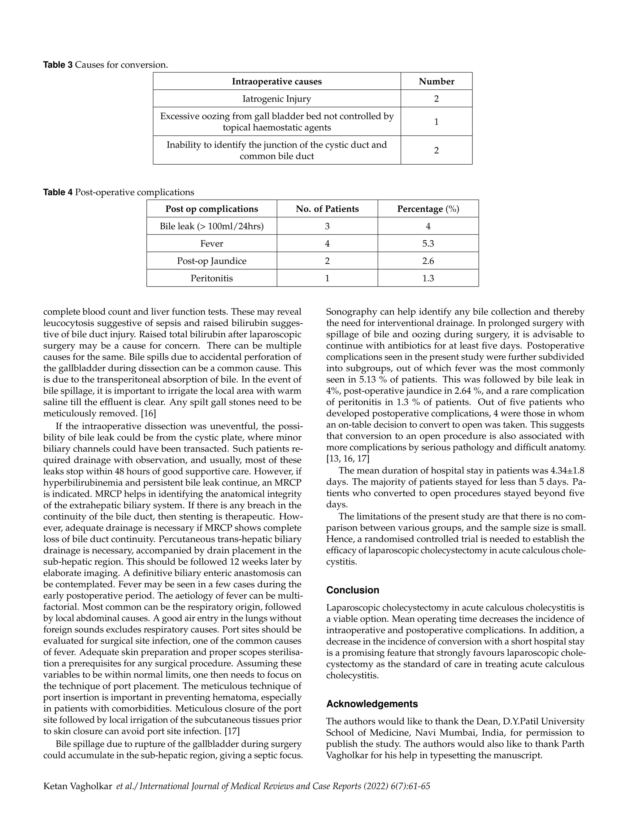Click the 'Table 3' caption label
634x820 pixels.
[x=58, y=65]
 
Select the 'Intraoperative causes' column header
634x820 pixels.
[x=276, y=81]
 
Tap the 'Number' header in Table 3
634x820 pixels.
[x=436, y=81]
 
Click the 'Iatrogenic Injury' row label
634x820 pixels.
[x=276, y=99]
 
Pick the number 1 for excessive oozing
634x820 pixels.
[x=436, y=122]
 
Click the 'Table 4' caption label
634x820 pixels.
[x=58, y=192]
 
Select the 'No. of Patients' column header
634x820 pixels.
[x=327, y=209]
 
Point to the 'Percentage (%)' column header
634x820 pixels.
[x=428, y=209]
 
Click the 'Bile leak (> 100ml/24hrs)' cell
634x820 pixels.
[x=211, y=227]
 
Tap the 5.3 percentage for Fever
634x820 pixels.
[x=428, y=244]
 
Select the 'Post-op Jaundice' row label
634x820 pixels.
[x=211, y=261]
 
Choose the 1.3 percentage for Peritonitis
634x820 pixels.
[x=428, y=278]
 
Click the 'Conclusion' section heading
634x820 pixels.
[x=352, y=590]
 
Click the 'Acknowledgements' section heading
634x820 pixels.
[x=371, y=704]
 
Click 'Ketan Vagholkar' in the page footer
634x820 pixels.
[x=77, y=786]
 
